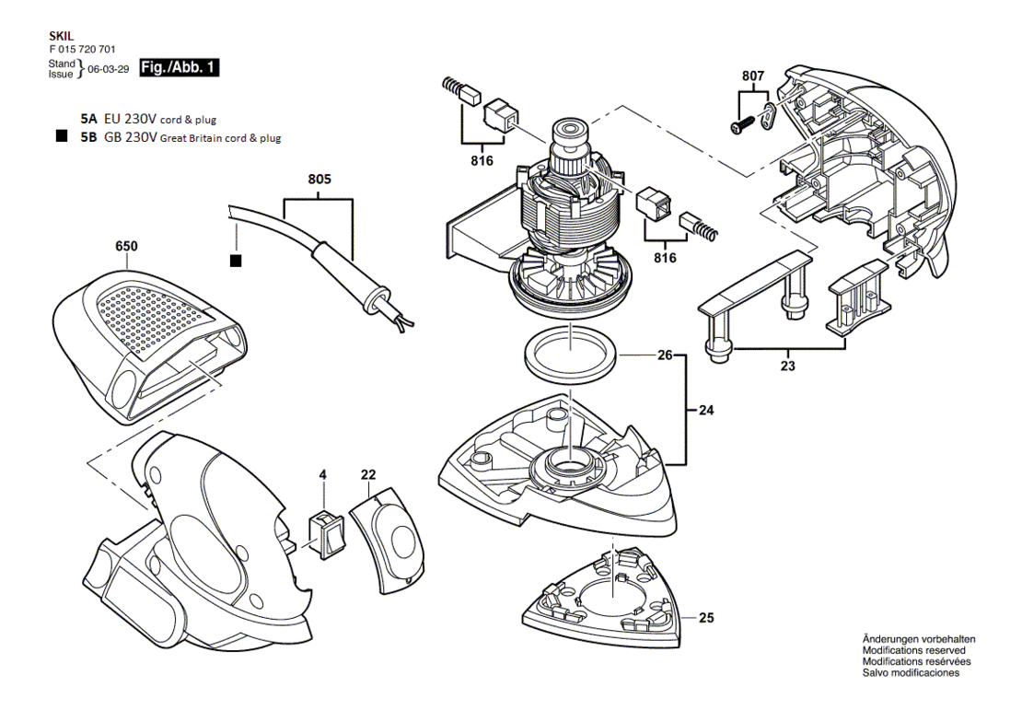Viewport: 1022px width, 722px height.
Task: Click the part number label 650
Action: (126, 246)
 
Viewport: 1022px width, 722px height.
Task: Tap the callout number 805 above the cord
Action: (319, 179)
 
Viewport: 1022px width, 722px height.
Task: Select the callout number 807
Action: (753, 76)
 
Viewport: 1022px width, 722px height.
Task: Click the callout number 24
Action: (706, 410)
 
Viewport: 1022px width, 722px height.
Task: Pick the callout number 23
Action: (788, 366)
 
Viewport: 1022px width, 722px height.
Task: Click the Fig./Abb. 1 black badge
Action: (180, 68)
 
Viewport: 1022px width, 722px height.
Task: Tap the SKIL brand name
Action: (62, 37)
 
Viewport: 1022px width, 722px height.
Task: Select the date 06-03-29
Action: (109, 69)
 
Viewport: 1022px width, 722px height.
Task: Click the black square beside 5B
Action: (62, 137)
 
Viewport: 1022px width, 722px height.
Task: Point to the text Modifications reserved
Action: (913, 650)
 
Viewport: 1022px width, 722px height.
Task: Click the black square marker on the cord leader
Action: (236, 261)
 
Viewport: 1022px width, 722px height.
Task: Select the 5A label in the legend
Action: (88, 120)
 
